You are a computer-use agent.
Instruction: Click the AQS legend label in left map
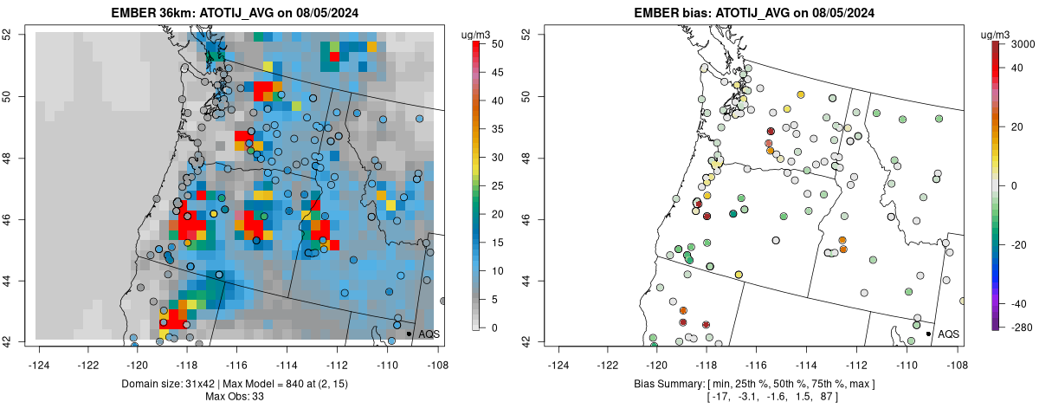coord(429,334)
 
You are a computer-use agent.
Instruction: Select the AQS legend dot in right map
coord(927,334)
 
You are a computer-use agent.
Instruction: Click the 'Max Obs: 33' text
coord(234,397)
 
